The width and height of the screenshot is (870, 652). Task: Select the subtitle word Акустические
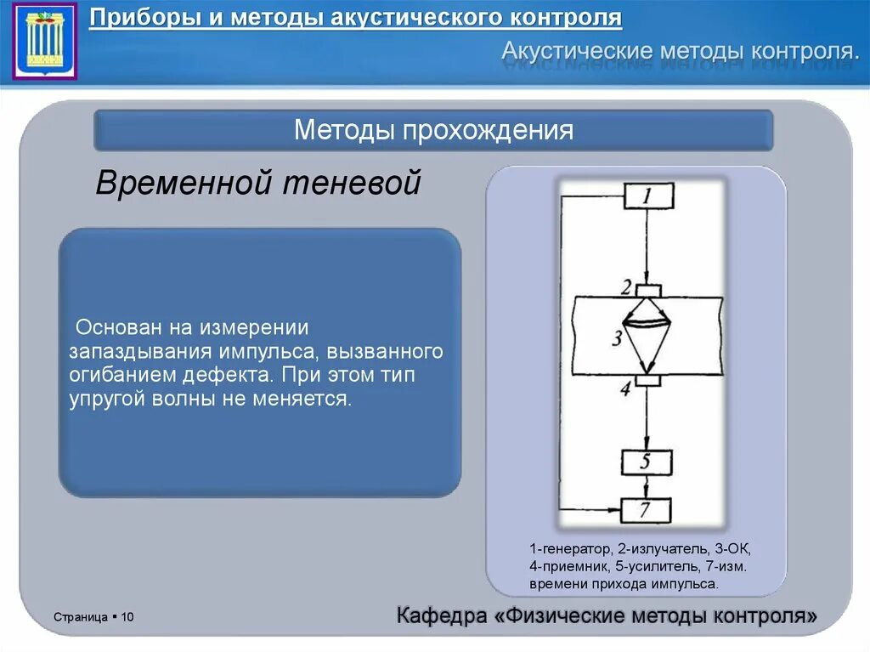(x=575, y=50)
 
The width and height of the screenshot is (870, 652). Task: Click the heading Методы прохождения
(x=433, y=130)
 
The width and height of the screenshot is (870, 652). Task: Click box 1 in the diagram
(x=648, y=196)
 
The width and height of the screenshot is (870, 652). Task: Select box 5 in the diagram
(x=647, y=462)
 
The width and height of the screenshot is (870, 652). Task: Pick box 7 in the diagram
(x=646, y=510)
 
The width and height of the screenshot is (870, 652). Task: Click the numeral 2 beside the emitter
(x=626, y=287)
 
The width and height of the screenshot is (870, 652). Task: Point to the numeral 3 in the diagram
(x=616, y=338)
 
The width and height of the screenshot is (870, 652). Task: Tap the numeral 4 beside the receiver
(x=625, y=389)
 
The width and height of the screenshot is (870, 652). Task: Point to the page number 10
(x=128, y=616)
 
